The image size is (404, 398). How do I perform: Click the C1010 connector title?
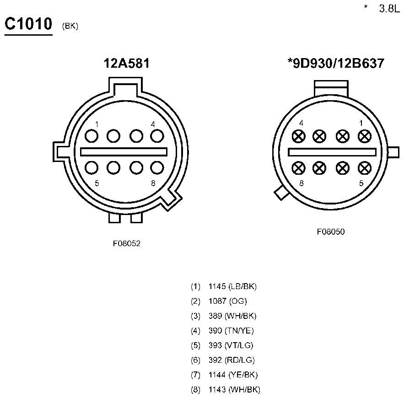[28, 24]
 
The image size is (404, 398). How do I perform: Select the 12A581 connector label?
[127, 64]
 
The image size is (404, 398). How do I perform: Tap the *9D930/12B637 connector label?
[336, 64]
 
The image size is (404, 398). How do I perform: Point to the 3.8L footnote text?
[389, 9]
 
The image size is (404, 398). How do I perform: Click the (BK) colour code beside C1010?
[70, 26]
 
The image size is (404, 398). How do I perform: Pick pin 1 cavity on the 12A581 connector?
[92, 136]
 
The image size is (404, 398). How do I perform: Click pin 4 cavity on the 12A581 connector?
[157, 136]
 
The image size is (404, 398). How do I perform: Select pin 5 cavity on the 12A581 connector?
[92, 168]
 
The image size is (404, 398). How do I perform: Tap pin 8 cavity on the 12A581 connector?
[157, 168]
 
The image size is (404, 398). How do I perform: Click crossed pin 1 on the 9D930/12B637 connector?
[365, 136]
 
